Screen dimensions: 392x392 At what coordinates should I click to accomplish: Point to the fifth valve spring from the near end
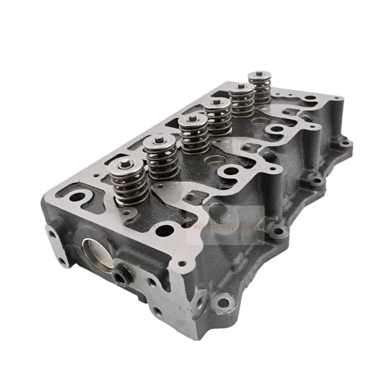(242, 100)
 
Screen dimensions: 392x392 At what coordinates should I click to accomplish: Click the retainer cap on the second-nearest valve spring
(159, 142)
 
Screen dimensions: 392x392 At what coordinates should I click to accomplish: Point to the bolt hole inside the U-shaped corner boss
(77, 197)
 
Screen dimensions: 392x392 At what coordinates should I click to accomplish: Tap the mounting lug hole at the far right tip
(345, 143)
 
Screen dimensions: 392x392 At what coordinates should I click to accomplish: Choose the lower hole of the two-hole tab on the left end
(62, 261)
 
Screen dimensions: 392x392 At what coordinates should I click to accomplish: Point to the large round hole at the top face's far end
(309, 98)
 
